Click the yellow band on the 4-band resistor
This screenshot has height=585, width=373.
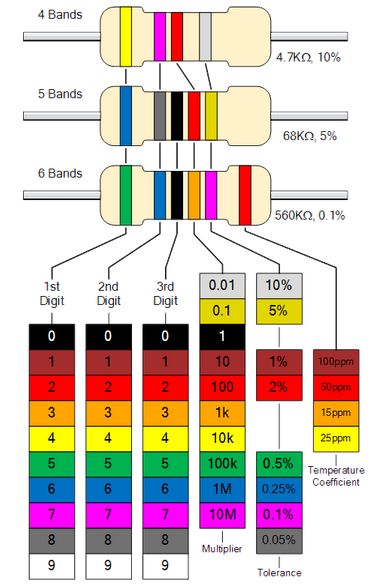tap(126, 35)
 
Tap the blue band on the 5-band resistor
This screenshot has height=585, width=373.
tap(126, 116)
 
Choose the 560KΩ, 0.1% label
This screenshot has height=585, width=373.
tap(321, 214)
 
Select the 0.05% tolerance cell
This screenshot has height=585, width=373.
tap(278, 540)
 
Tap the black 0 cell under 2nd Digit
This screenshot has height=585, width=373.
tap(109, 336)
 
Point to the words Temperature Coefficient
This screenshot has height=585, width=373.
tap(335, 475)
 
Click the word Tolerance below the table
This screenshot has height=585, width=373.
tap(278, 572)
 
